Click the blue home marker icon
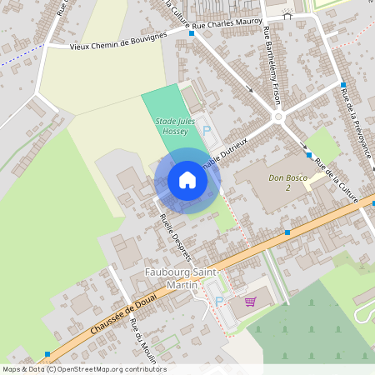187,180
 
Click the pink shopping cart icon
249,302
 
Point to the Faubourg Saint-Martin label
183,279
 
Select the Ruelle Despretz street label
176,236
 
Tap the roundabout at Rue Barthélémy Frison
278,117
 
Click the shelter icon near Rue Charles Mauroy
287,13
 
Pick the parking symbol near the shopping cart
219,301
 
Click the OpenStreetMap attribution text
83,369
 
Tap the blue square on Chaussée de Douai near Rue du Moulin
47,353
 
